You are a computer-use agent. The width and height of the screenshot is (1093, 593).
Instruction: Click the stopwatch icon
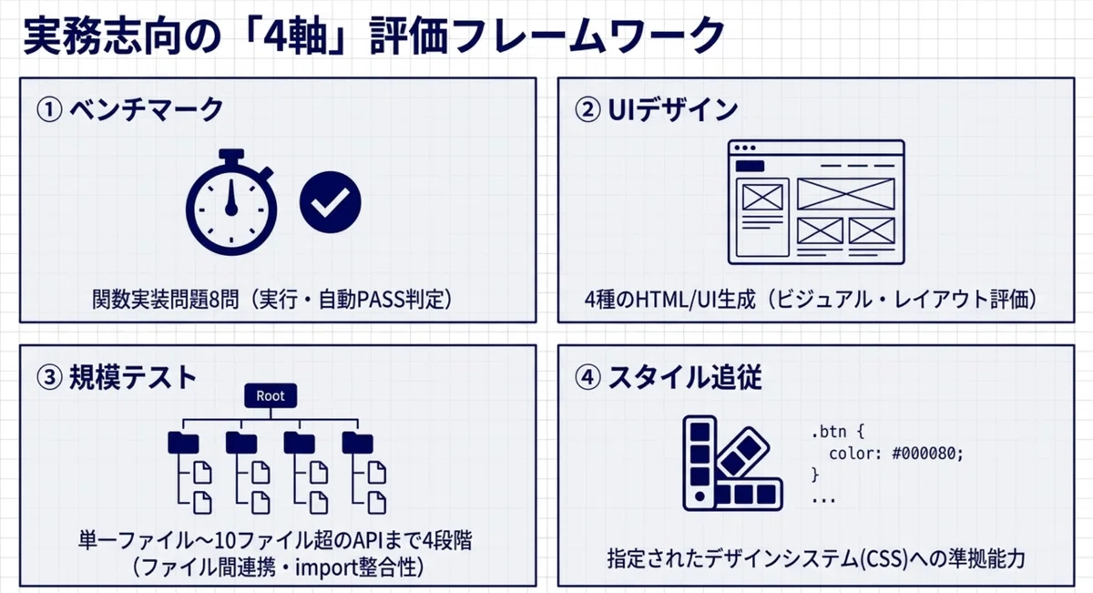pos(230,205)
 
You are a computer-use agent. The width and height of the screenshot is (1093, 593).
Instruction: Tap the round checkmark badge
pos(331,202)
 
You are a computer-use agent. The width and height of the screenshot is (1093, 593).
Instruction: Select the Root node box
pos(271,395)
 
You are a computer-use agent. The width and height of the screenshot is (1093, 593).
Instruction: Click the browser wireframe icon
pos(816,202)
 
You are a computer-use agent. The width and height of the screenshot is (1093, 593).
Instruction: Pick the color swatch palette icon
pos(733,463)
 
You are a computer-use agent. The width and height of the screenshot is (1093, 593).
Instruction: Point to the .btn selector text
pos(829,432)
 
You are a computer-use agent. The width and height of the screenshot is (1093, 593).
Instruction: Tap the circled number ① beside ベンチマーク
pos(49,109)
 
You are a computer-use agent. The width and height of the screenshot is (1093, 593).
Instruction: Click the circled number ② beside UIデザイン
pos(588,109)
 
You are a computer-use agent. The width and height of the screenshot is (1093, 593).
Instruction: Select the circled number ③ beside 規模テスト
pos(49,378)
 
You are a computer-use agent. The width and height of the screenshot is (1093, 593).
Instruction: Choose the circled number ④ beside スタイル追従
pos(588,378)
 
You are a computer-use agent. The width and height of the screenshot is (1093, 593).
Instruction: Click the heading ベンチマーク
pos(147,109)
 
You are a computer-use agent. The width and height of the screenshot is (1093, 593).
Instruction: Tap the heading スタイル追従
pos(685,378)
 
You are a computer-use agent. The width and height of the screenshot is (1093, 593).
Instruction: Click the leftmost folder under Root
pos(183,442)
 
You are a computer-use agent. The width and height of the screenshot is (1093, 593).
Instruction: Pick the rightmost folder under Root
pos(357,442)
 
